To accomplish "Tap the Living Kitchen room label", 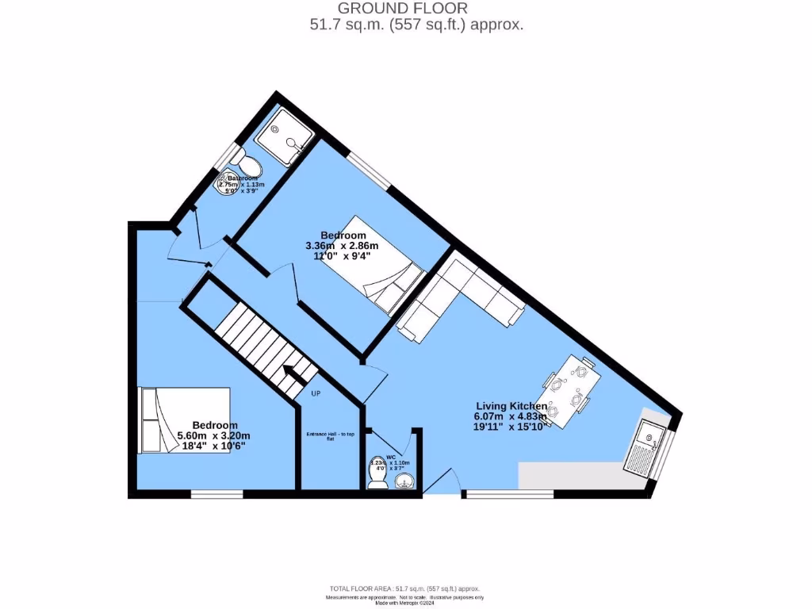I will click(511, 406).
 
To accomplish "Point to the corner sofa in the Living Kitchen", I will click(460, 297).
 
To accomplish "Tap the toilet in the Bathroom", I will click(251, 166).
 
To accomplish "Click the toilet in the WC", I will click(377, 474).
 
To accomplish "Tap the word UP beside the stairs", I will click(316, 394).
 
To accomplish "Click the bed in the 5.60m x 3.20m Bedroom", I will click(184, 419).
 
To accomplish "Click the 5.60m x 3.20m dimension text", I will click(213, 435).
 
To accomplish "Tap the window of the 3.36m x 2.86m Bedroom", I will click(369, 170).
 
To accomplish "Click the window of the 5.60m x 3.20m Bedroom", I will click(216, 494).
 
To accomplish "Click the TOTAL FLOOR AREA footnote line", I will click(405, 588).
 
